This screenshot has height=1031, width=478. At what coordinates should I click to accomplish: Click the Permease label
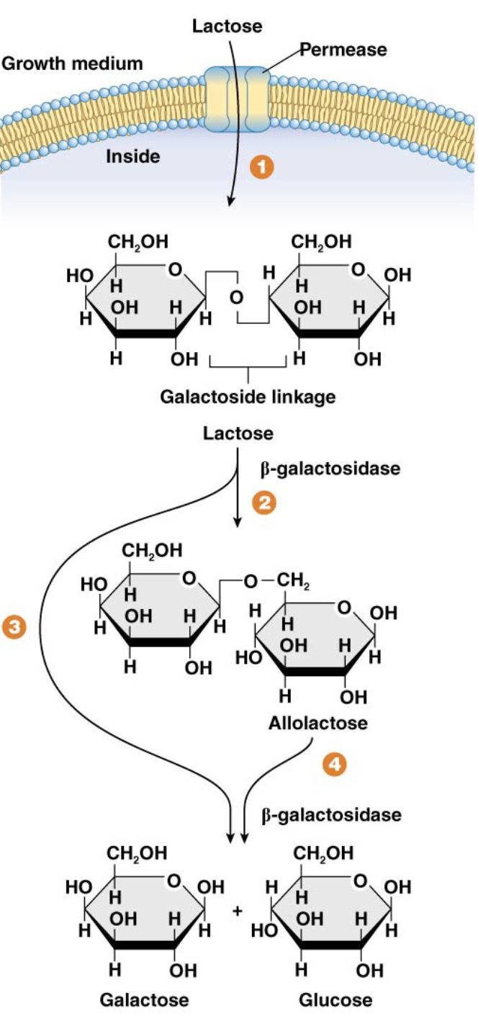(x=343, y=50)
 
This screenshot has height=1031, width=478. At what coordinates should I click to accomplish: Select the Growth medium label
(x=72, y=63)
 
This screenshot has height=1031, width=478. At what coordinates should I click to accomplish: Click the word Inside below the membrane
(x=133, y=156)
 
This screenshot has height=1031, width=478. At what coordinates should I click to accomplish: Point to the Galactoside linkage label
(x=248, y=397)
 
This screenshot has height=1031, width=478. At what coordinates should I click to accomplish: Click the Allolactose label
(x=317, y=723)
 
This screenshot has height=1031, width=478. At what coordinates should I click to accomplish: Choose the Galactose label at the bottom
(x=145, y=1000)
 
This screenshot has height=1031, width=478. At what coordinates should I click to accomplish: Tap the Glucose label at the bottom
(x=336, y=1000)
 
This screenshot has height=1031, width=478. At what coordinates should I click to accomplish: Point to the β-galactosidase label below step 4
(x=331, y=815)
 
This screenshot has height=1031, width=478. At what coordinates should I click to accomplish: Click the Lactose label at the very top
(x=227, y=27)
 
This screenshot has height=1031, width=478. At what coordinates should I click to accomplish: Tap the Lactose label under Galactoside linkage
(x=238, y=433)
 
